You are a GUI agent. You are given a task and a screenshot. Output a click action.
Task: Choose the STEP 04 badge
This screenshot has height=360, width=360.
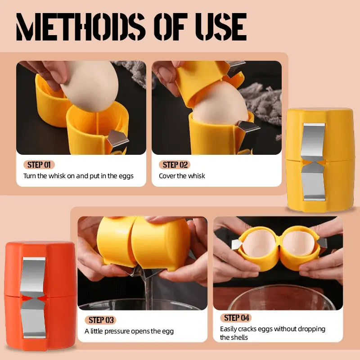236,318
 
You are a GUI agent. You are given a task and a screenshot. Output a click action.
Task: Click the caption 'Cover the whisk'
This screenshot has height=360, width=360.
182,176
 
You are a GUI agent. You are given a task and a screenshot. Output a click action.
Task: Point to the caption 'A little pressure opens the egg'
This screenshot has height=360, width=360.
129,331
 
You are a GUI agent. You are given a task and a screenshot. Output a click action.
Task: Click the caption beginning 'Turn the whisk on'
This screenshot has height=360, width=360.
78,176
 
